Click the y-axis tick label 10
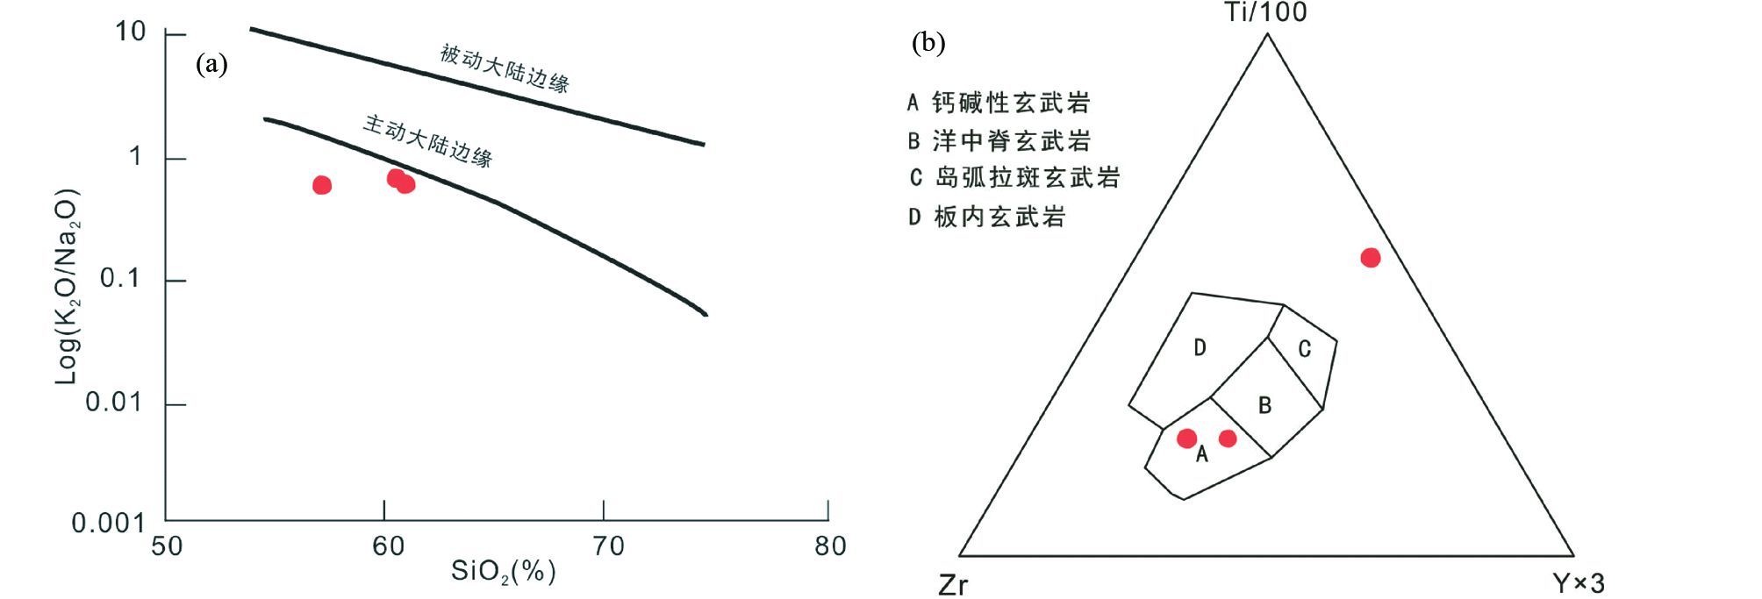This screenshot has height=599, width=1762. [130, 32]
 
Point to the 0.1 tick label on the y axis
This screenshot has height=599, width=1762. [121, 279]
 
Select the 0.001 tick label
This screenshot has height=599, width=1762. [108, 524]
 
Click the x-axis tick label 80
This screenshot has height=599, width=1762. [829, 546]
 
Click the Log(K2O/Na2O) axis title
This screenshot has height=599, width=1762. [68, 286]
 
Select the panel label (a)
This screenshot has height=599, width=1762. [211, 63]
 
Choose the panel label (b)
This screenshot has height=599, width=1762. [928, 43]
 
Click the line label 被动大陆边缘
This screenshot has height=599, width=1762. [505, 68]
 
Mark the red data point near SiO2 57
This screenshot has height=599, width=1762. [322, 185]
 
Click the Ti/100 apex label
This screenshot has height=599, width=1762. [1266, 12]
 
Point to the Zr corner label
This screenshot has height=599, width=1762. [953, 584]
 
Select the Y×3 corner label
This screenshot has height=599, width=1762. [1578, 583]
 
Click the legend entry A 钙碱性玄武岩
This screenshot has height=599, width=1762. [999, 103]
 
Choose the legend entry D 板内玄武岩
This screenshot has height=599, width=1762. [986, 217]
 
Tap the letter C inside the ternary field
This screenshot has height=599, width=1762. [1304, 350]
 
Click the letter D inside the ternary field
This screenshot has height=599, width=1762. [1200, 348]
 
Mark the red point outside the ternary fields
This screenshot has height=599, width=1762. [1370, 258]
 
